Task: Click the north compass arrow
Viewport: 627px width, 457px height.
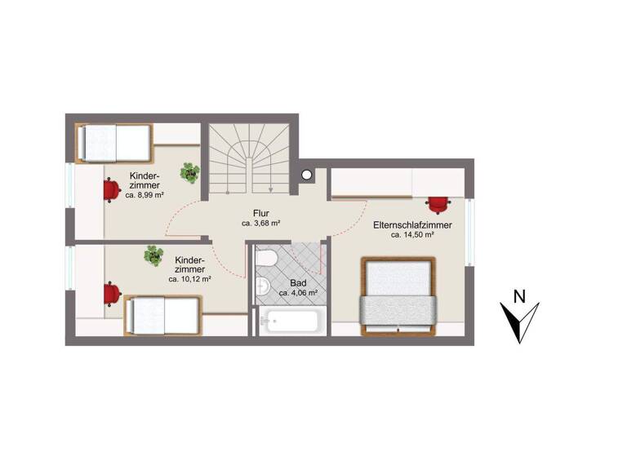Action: pyautogui.click(x=519, y=323)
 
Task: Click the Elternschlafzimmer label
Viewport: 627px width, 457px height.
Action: pyautogui.click(x=412, y=224)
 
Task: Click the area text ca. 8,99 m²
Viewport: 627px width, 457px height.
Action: pyautogui.click(x=145, y=196)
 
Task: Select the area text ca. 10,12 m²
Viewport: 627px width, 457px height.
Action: pyautogui.click(x=190, y=279)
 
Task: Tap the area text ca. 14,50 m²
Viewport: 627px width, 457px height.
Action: pyautogui.click(x=412, y=235)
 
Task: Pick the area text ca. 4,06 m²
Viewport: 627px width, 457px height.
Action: pyautogui.click(x=298, y=292)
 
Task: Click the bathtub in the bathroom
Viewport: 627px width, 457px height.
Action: pyautogui.click(x=289, y=320)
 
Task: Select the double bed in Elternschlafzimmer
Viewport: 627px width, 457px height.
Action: pyautogui.click(x=399, y=295)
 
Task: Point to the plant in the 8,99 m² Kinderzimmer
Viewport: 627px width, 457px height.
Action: pyautogui.click(x=190, y=172)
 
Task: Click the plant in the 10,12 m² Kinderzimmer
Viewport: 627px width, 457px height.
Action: pyautogui.click(x=153, y=256)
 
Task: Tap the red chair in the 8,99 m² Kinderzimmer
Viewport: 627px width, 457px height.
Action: pyautogui.click(x=111, y=189)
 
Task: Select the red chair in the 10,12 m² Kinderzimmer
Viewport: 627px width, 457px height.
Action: pyautogui.click(x=111, y=292)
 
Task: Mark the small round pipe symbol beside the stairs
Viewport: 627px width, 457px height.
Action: pyautogui.click(x=307, y=174)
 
